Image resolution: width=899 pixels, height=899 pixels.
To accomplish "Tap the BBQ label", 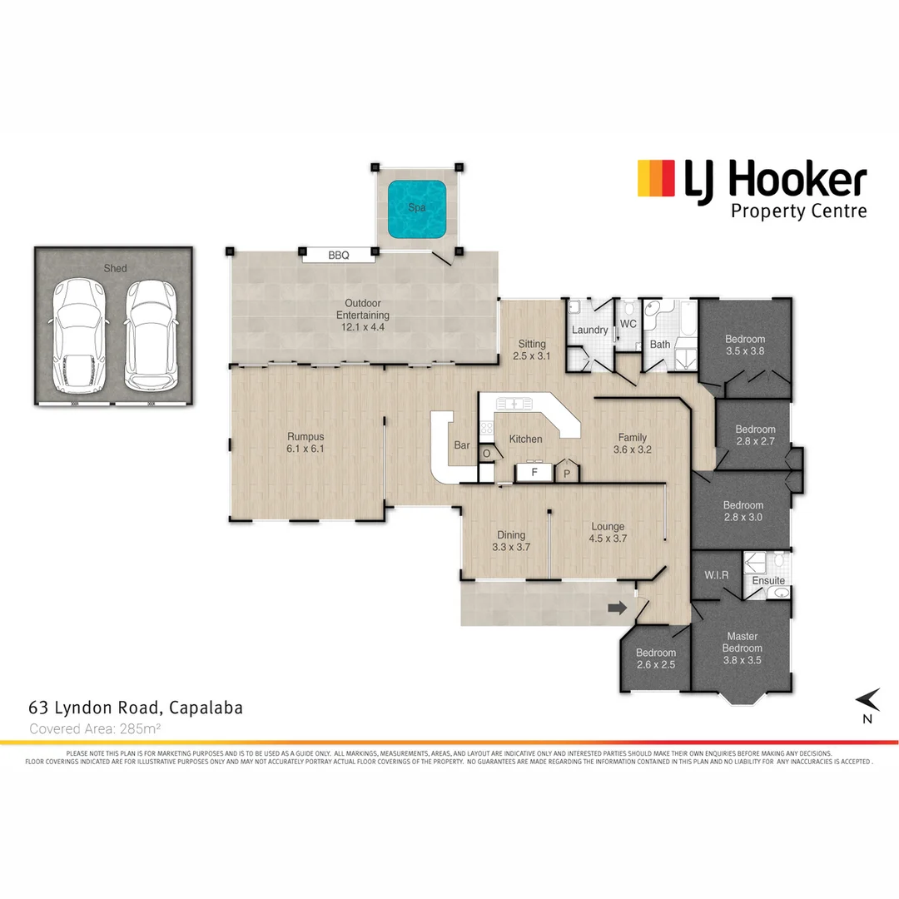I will [x=338, y=256].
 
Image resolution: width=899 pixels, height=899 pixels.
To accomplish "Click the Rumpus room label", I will [x=305, y=436].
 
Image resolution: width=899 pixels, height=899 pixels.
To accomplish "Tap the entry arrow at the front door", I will [x=617, y=608].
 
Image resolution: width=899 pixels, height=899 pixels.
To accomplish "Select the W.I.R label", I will [x=717, y=575].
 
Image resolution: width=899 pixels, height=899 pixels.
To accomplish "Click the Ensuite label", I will [x=768, y=580].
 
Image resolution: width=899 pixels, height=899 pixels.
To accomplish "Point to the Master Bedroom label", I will [x=742, y=642].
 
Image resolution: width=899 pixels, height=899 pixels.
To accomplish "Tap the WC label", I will [x=628, y=324].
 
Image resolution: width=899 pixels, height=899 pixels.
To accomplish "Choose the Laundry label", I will [x=589, y=330].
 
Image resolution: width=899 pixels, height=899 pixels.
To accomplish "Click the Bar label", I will [x=462, y=445].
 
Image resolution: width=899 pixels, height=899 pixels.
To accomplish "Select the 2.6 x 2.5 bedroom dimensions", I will [x=655, y=665].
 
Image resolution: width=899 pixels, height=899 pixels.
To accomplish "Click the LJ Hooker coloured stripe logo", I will [x=656, y=179].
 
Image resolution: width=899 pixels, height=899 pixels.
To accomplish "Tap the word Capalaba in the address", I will [x=206, y=708].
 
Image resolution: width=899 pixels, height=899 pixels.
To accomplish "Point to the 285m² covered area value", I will [x=137, y=728].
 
